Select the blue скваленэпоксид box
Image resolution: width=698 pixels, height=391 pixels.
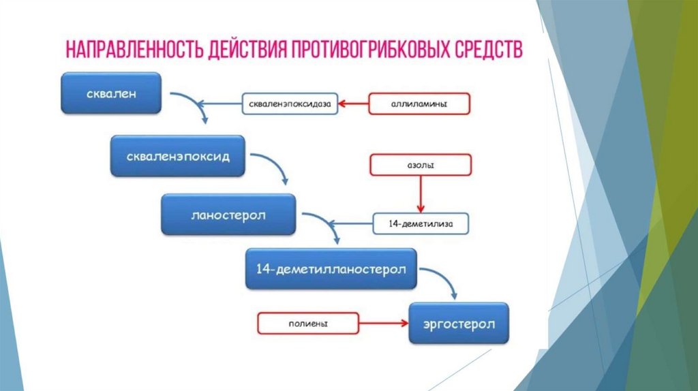tap(178, 156)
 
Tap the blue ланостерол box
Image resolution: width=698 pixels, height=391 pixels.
tap(228, 215)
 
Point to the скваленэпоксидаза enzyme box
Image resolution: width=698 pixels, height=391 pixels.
tap(290, 104)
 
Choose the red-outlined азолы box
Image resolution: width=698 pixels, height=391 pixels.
tap(420, 165)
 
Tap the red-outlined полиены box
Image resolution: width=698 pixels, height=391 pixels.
tap(299, 322)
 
